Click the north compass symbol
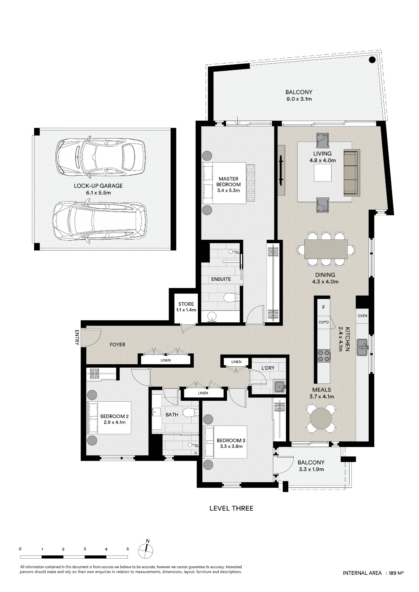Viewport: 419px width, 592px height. tap(146, 551)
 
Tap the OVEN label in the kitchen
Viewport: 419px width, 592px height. tap(362, 316)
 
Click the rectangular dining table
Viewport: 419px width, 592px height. tap(326, 249)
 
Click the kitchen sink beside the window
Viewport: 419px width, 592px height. tap(362, 348)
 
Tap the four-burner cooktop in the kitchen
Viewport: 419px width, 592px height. tap(324, 356)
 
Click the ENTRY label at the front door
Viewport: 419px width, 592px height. tap(77, 338)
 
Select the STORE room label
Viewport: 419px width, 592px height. tap(186, 304)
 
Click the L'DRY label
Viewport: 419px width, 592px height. tap(268, 368)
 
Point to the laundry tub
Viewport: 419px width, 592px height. tap(280, 387)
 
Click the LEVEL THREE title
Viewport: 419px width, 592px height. tap(231, 509)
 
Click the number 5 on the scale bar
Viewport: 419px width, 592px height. tap(128, 549)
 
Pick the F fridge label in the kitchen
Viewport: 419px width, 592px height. tap(324, 307)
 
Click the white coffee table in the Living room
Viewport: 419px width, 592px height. tap(323, 173)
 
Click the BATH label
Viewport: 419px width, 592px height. tap(172, 415)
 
